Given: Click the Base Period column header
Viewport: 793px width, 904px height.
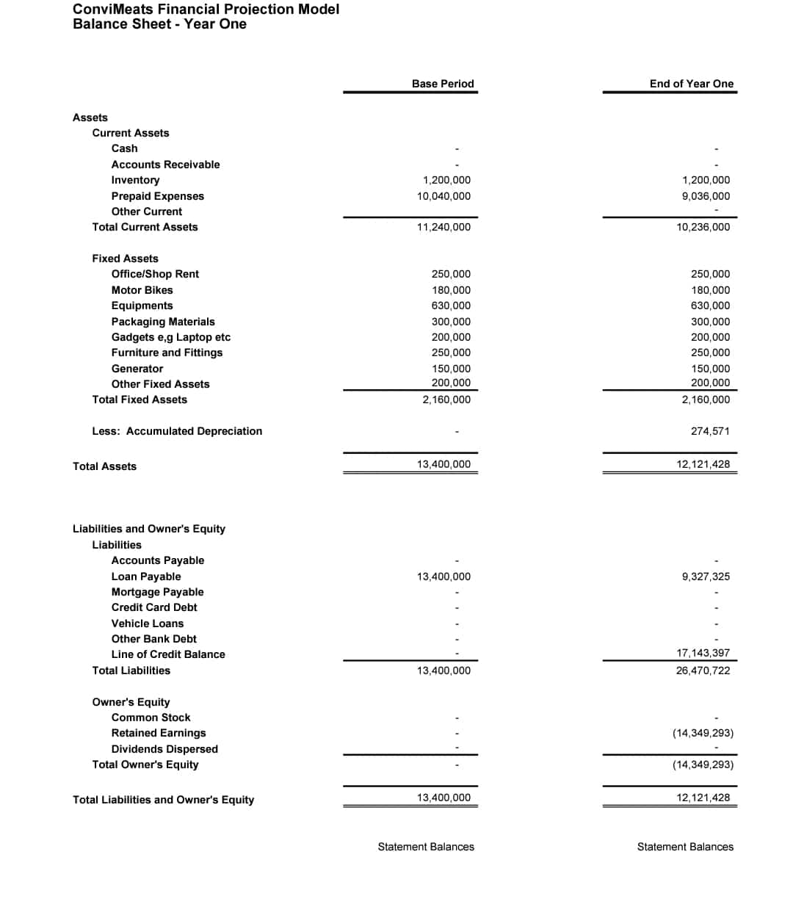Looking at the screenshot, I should click(x=443, y=84).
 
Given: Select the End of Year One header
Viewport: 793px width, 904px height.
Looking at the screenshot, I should click(x=691, y=84).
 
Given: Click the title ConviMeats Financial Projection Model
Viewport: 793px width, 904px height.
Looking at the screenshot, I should click(x=206, y=10).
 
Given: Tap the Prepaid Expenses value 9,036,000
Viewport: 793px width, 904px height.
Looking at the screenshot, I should click(x=706, y=196).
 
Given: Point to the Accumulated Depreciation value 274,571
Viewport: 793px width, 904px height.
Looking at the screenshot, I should click(x=710, y=431).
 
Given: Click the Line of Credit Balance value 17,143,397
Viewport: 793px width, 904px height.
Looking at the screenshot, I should click(x=703, y=653).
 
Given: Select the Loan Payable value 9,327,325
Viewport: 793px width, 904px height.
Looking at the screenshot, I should click(x=706, y=576).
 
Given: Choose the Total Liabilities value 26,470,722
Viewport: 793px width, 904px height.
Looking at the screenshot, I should click(x=703, y=670).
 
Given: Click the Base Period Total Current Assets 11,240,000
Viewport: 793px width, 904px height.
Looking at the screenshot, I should click(x=443, y=227).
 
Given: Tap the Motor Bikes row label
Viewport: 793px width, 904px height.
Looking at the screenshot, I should click(x=142, y=290).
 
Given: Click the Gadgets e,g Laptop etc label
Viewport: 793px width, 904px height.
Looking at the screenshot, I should click(x=170, y=337).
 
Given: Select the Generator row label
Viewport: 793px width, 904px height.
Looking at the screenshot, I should click(x=137, y=369).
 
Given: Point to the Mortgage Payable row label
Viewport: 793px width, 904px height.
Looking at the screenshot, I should click(x=157, y=592).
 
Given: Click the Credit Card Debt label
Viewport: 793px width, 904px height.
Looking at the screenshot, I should click(x=154, y=607).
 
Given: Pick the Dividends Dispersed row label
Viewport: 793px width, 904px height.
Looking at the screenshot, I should click(x=164, y=749).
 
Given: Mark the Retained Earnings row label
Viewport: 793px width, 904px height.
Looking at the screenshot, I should click(x=159, y=733).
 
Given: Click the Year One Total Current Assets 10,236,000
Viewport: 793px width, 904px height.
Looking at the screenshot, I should click(x=703, y=227).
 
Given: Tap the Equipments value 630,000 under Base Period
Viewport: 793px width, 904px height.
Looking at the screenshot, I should click(x=451, y=305).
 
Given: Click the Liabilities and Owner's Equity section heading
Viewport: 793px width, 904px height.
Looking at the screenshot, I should click(x=149, y=529).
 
